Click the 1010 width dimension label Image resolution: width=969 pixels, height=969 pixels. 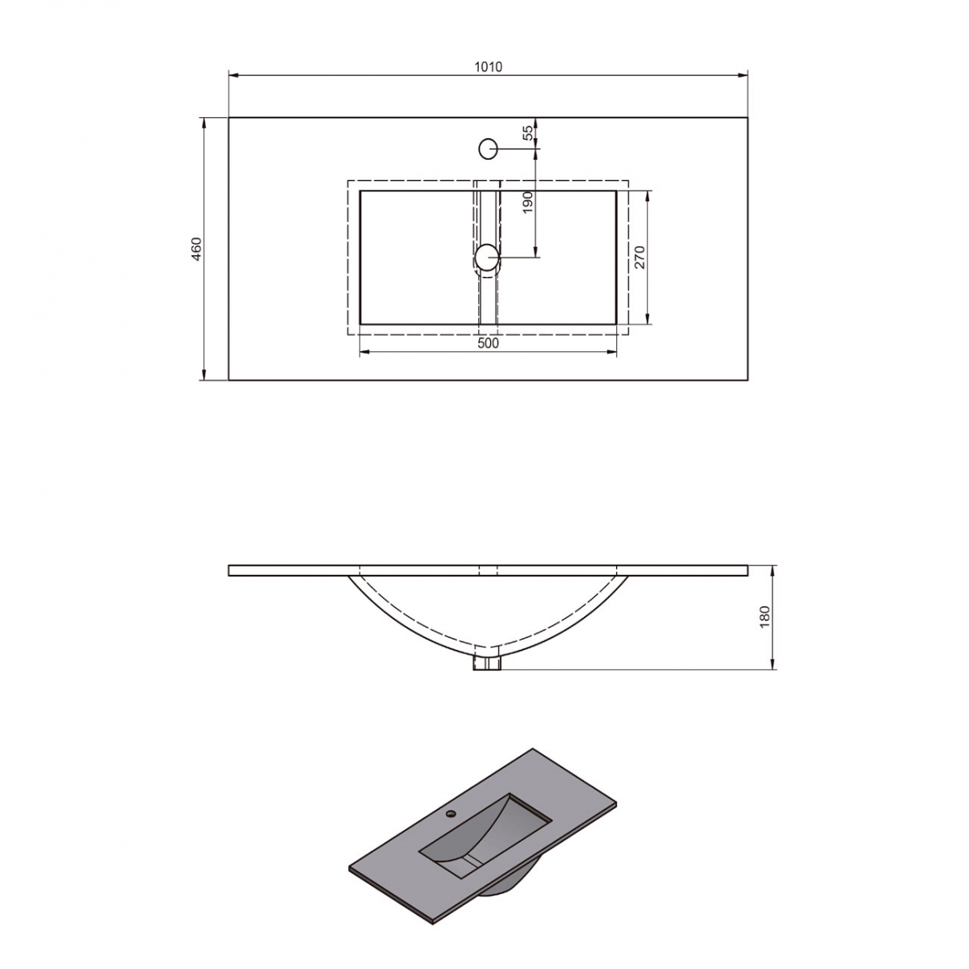(x=488, y=67)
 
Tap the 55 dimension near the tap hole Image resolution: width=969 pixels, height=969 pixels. (x=528, y=133)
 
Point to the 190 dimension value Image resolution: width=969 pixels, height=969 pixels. (x=528, y=202)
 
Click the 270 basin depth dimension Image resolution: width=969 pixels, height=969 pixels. (x=639, y=257)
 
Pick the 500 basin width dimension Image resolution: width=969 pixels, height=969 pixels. (x=488, y=343)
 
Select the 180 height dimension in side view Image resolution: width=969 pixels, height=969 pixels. (x=766, y=617)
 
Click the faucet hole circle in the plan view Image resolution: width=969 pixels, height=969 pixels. (x=488, y=149)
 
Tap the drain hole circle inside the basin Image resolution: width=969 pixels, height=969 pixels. (x=487, y=257)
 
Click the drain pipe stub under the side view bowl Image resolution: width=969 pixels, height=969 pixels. (x=487, y=664)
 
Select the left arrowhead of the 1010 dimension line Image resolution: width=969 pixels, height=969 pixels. (x=233, y=76)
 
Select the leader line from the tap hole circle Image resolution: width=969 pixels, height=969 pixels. (x=517, y=149)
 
